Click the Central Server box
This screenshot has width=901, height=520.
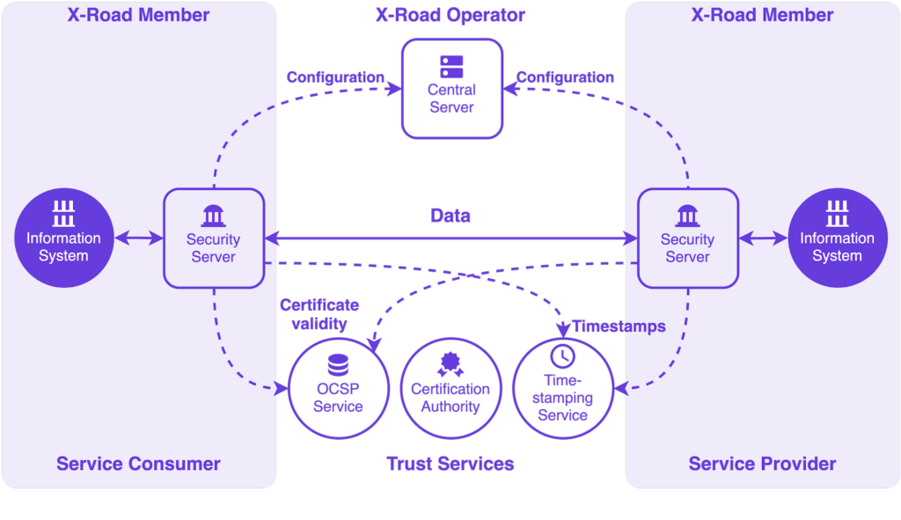tap(452, 88)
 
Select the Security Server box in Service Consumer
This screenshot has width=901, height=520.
tap(214, 238)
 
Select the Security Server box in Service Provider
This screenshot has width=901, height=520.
tap(687, 238)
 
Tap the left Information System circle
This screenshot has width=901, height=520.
tap(63, 238)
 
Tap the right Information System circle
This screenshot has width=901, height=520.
tap(837, 238)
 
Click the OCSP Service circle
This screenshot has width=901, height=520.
tap(338, 387)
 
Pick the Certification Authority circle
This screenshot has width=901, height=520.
tap(450, 387)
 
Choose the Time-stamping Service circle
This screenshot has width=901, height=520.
tap(562, 387)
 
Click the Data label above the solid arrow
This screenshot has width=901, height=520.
tap(450, 216)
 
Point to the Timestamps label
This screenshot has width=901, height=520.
tap(619, 326)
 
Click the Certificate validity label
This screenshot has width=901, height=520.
tap(319, 314)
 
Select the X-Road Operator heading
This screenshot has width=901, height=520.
tap(450, 15)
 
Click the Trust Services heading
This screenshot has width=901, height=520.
tap(450, 464)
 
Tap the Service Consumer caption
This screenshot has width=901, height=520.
tap(138, 464)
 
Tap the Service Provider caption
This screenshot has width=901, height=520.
tap(762, 464)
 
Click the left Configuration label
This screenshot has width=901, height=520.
tap(335, 77)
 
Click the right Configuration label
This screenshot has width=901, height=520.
tap(565, 77)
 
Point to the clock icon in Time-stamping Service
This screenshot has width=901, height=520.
tap(562, 355)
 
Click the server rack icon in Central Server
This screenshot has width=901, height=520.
tap(452, 65)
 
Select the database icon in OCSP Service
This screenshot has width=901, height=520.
tap(338, 363)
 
